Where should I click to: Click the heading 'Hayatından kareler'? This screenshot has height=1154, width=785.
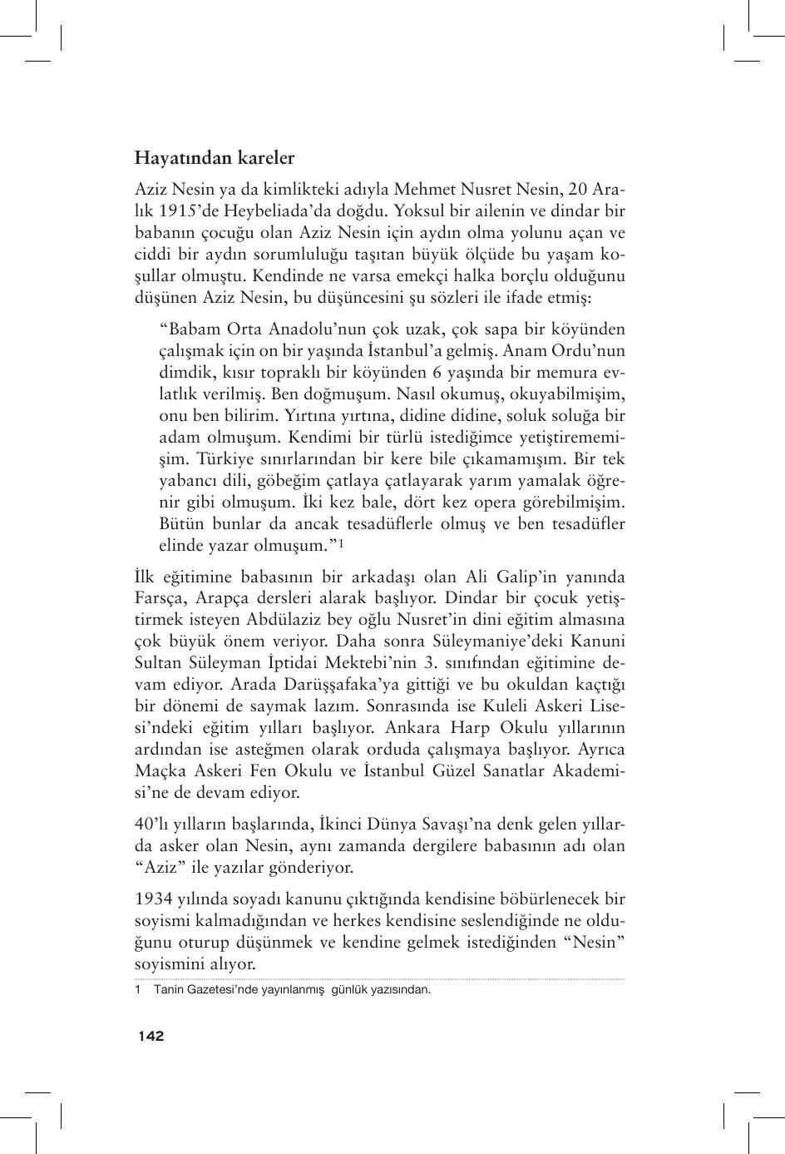(215, 157)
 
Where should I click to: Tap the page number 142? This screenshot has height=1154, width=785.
(151, 1036)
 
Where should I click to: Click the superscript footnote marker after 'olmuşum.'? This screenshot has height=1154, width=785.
(342, 544)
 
